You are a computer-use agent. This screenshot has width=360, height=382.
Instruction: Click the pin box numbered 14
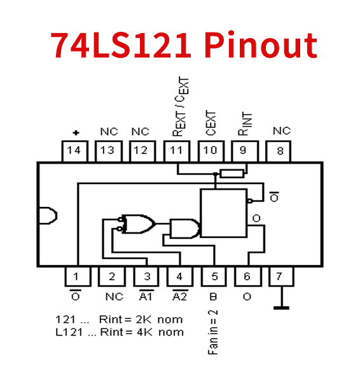74,151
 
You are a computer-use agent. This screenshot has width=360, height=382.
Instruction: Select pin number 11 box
177,151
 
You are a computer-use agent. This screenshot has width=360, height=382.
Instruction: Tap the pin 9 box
245,151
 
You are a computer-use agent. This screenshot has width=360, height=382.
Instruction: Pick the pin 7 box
281,276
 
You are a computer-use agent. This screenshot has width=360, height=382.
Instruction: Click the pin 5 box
214,276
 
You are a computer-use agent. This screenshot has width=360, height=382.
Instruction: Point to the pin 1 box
78,276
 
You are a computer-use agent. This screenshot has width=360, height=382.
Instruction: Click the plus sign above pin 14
76,133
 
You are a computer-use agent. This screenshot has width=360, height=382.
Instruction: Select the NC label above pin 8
282,131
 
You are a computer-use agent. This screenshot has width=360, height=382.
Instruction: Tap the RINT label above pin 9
245,124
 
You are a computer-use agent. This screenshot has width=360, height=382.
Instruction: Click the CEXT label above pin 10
211,123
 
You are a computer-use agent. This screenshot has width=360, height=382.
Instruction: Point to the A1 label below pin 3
146,296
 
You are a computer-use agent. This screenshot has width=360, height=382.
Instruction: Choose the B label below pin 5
213,297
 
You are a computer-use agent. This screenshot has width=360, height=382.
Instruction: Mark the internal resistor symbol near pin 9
232,174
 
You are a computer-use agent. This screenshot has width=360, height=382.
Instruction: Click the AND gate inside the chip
184,229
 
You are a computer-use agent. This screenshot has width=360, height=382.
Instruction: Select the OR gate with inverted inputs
137,224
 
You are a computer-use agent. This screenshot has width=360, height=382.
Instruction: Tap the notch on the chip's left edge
48,216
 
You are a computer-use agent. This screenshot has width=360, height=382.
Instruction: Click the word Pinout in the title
261,45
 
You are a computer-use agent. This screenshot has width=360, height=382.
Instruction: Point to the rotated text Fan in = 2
212,332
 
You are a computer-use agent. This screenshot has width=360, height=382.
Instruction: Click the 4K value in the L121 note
144,332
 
